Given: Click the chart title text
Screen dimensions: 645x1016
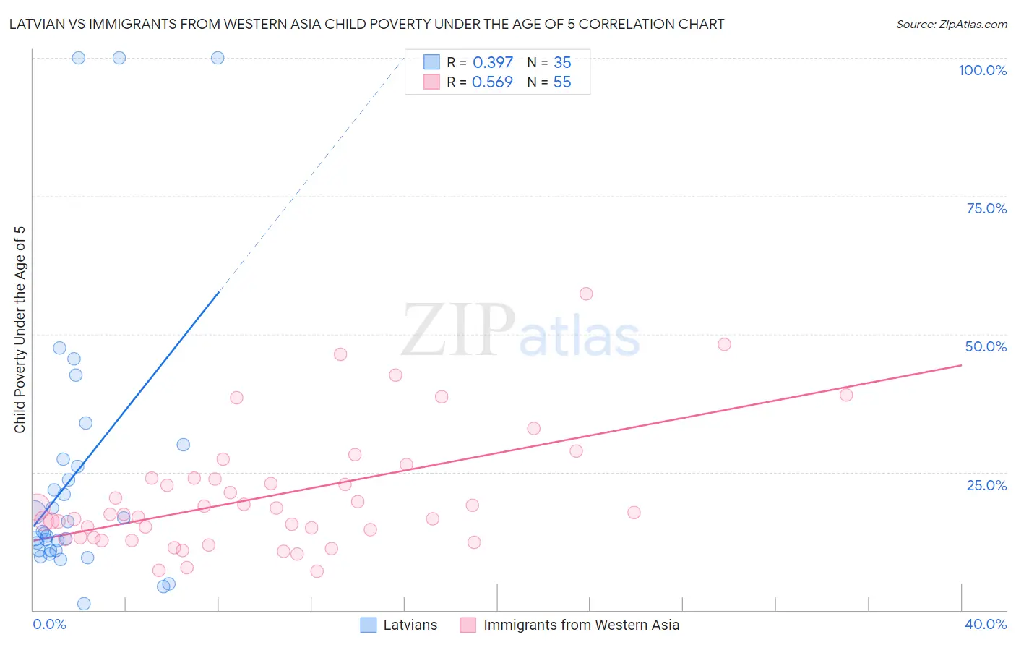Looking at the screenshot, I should click(366, 24).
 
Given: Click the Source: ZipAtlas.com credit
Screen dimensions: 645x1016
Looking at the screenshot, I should click(951, 24).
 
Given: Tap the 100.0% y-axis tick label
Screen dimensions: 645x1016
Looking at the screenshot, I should click(982, 70).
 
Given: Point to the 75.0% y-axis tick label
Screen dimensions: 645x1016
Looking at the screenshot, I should click(986, 208).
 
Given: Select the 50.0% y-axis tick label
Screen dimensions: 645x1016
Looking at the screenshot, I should click(986, 346).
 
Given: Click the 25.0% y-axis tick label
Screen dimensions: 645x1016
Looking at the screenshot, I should click(986, 485).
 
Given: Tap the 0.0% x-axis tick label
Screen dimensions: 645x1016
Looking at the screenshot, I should click(49, 624).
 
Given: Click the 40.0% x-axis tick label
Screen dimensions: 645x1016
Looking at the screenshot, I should click(986, 624).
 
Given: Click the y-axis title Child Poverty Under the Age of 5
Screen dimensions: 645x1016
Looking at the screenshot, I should click(20, 330).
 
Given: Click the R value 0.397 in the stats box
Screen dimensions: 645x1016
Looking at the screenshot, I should click(493, 63).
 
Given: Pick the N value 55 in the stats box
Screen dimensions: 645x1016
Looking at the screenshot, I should click(562, 82).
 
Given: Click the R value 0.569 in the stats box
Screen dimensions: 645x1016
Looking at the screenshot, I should click(492, 82).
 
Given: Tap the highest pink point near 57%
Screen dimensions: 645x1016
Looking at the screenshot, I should click(586, 294).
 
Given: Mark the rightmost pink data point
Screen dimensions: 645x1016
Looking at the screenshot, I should click(846, 395).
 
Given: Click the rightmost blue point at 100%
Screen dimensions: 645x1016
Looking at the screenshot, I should click(218, 58).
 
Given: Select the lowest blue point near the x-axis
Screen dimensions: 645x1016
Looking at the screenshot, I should click(84, 604).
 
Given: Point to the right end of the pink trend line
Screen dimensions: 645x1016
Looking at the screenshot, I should click(961, 365).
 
